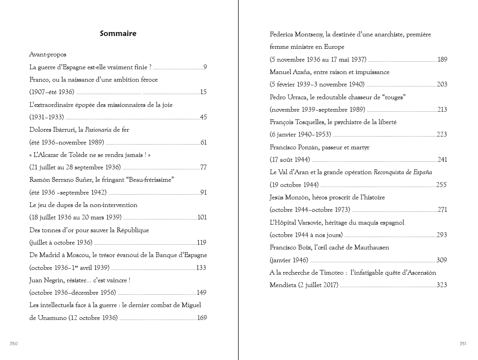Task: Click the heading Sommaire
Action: coord(118,34)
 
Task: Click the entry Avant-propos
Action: coord(48,54)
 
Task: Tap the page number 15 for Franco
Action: coord(203,92)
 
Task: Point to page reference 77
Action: coord(203,167)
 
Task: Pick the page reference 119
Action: coord(202,243)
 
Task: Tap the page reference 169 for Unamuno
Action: coord(202,318)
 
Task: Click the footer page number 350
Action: coord(14,344)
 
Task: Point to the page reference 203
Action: coord(442,84)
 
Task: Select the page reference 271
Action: coord(442,210)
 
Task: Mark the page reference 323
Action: coord(442,285)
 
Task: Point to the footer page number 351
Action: coord(463,344)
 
